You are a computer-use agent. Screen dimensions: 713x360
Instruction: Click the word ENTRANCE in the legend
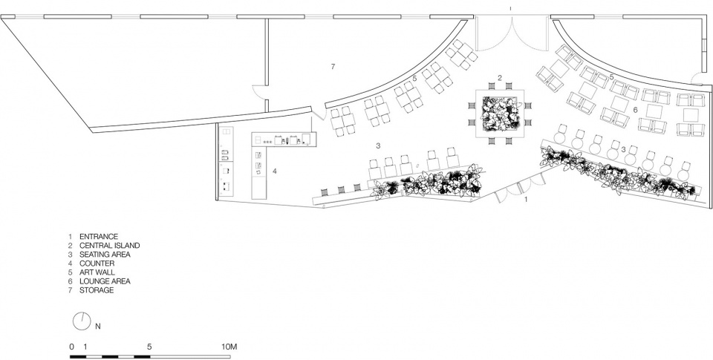99,236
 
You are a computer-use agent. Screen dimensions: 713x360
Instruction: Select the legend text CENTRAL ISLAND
110,246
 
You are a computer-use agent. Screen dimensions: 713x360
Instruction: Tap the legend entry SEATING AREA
105,255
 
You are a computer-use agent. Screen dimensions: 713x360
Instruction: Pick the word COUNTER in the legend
97,264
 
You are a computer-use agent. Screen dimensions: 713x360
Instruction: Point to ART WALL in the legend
97,272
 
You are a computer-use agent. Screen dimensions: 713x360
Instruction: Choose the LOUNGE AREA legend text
105,281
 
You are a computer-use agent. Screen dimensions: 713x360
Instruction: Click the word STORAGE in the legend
97,290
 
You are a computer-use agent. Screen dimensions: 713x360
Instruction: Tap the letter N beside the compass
98,326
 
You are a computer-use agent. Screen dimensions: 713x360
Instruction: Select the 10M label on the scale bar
229,347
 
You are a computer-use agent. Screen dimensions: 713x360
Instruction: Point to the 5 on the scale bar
149,347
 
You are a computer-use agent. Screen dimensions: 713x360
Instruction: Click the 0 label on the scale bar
71,347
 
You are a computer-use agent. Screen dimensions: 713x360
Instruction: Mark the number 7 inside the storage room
333,67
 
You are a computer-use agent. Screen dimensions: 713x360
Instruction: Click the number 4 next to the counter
274,171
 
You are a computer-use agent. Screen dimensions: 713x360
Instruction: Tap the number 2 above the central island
500,78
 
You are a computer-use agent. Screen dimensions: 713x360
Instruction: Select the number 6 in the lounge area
635,110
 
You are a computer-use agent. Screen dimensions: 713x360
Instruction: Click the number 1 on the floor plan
526,199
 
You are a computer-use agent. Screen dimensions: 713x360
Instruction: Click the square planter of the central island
500,113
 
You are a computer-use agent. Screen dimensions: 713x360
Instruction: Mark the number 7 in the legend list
71,290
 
